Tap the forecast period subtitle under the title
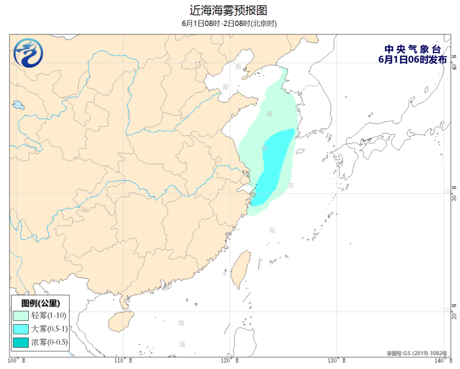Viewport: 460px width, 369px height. [x=229, y=23]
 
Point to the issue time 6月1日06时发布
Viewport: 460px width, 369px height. [x=412, y=60]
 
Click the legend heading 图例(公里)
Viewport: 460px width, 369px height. [x=40, y=303]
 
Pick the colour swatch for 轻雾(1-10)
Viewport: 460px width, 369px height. [x=22, y=316]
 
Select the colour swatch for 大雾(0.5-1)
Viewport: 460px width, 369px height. [x=22, y=329]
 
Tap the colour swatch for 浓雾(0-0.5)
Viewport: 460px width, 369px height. [x=22, y=342]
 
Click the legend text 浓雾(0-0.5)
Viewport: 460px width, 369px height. [x=49, y=342]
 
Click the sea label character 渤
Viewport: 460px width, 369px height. [x=238, y=66]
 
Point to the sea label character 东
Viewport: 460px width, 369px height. [x=291, y=186]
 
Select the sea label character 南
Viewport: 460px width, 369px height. [x=182, y=323]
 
